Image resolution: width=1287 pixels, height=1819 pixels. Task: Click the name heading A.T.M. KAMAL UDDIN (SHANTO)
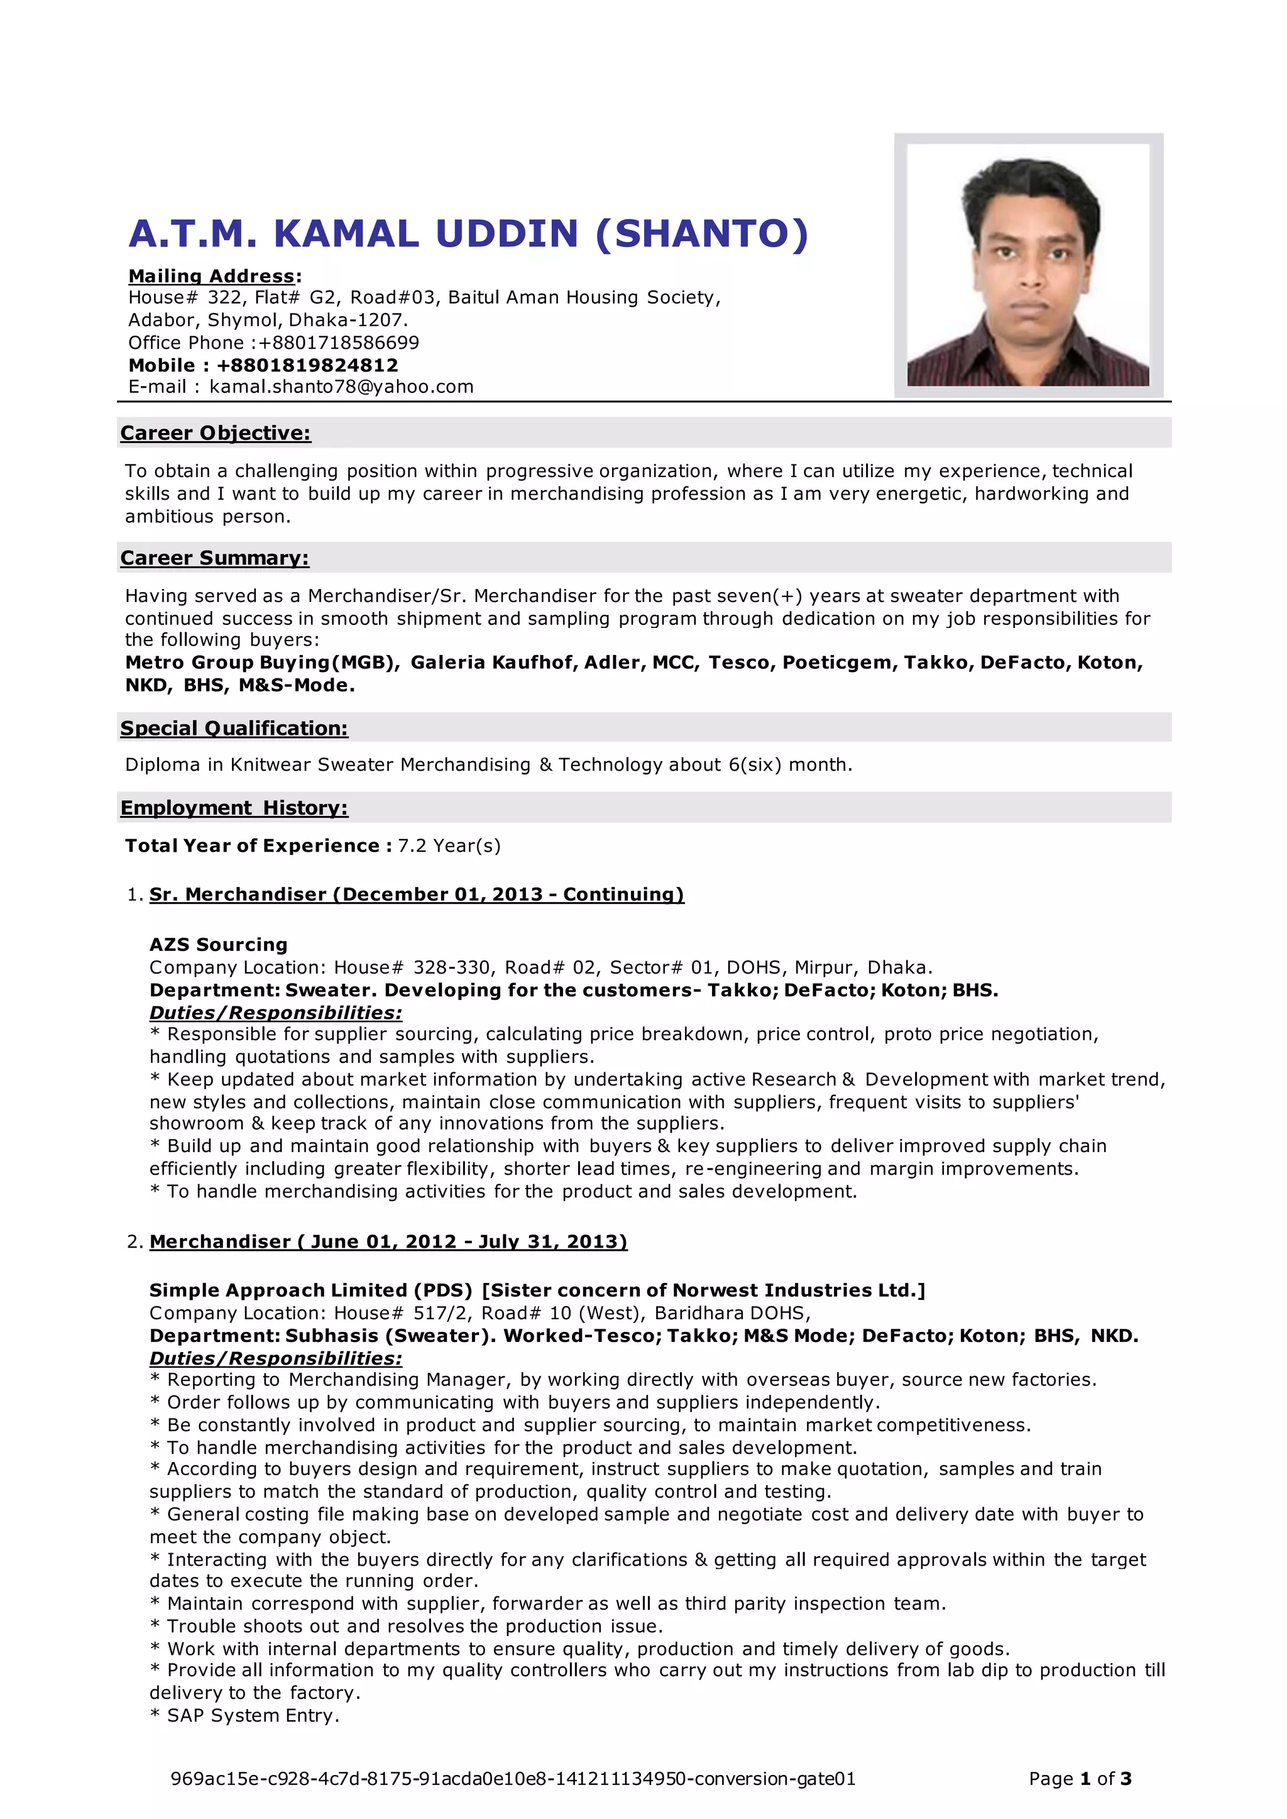pos(468,234)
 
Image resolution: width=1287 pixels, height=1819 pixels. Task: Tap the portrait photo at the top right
pos(1028,265)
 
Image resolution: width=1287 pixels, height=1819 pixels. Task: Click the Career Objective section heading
pos(216,433)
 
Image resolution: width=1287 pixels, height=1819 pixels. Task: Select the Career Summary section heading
pos(215,558)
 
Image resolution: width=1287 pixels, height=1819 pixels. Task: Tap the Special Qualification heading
pos(234,728)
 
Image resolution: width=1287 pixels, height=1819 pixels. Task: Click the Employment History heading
pos(234,808)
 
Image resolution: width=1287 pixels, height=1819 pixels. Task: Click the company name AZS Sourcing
pos(218,944)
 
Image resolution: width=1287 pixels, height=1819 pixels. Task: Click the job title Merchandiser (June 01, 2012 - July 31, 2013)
pos(388,1241)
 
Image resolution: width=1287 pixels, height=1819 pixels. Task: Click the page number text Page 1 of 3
pos(1080,1779)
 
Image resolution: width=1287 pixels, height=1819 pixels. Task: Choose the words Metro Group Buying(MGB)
pos(262,662)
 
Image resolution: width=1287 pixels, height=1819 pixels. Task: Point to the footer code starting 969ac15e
pos(513,1779)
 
